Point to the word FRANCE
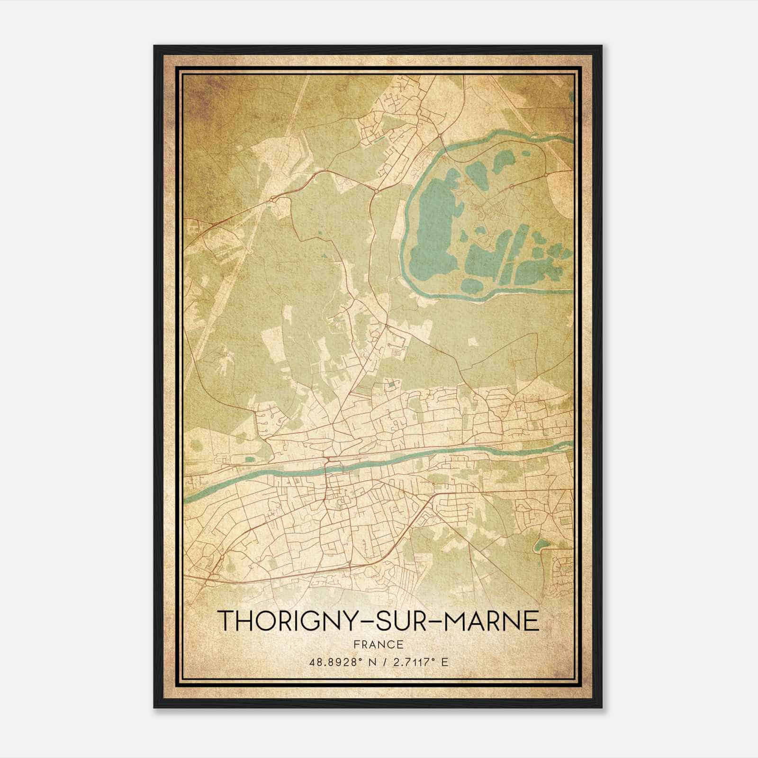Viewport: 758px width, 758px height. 379,644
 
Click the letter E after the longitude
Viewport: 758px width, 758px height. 444,662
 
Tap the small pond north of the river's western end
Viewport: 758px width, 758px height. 250,458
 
